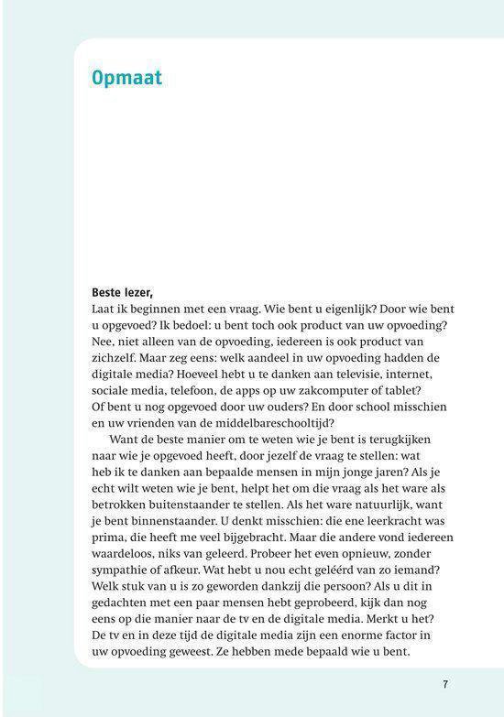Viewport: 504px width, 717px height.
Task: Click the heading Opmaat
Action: (x=126, y=78)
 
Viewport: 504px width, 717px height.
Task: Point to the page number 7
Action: (x=444, y=683)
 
